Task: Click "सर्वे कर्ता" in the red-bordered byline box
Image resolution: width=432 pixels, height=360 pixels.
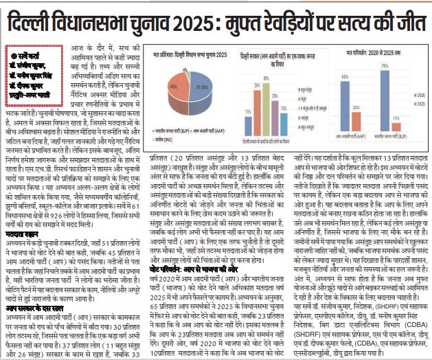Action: (26, 54)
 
